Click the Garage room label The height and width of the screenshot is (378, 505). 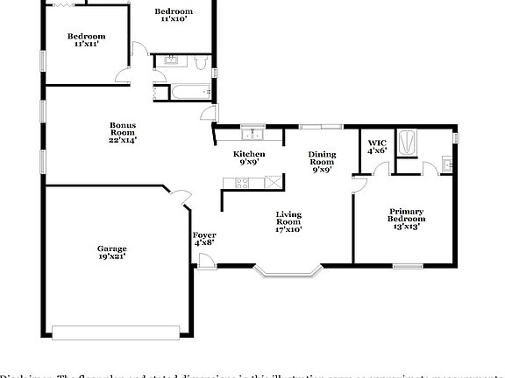click(x=111, y=252)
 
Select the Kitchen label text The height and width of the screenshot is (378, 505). click(x=249, y=157)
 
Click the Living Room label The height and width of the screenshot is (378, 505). click(x=288, y=221)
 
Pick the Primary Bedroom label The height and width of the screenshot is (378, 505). click(x=407, y=218)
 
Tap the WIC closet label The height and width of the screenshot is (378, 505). click(x=377, y=146)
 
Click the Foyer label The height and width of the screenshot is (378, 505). click(x=204, y=238)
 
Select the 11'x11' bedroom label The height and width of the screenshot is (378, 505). click(x=87, y=39)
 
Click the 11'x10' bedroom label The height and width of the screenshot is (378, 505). click(x=173, y=15)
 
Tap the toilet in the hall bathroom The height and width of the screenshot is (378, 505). click(x=202, y=62)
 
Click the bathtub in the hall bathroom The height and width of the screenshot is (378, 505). click(x=186, y=91)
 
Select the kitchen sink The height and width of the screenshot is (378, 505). click(x=253, y=134)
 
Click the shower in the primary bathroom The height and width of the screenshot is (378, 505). click(x=409, y=143)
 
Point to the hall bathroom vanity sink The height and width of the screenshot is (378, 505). click(x=171, y=60)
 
